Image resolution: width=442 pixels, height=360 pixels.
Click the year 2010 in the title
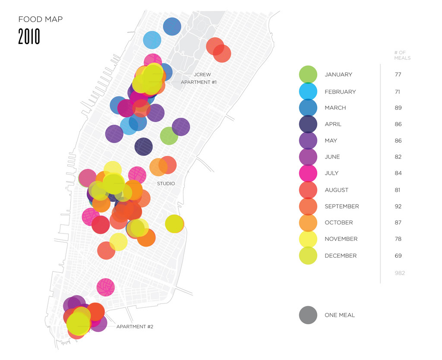click(x=29, y=37)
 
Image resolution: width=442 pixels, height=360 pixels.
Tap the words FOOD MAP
click(x=41, y=19)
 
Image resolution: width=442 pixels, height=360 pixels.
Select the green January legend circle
click(x=308, y=74)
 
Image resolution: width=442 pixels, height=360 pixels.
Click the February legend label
click(x=340, y=92)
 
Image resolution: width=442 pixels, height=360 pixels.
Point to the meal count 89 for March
click(x=398, y=107)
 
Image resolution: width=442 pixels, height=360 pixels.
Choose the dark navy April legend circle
click(x=308, y=124)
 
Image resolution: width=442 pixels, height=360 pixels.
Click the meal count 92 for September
click(x=398, y=206)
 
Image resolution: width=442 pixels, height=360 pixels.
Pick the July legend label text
click(x=331, y=173)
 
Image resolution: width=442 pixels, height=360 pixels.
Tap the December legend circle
click(x=308, y=256)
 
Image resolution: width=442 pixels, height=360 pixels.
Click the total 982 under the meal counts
click(x=399, y=273)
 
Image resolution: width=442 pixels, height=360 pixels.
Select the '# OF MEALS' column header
click(x=402, y=55)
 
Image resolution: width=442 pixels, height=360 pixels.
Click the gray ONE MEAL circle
click(x=308, y=315)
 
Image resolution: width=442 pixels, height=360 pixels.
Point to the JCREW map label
click(x=202, y=75)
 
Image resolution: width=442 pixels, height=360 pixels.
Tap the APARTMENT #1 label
click(x=199, y=82)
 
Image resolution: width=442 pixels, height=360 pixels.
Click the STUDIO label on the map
click(x=166, y=183)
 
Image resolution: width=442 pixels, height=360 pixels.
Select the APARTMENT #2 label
click(x=135, y=327)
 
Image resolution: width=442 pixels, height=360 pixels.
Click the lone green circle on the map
click(x=169, y=136)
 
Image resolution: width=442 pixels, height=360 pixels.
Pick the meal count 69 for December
click(x=398, y=256)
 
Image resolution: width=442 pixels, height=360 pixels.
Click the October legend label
click(x=338, y=222)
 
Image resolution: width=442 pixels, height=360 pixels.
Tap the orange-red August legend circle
click(x=308, y=190)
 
